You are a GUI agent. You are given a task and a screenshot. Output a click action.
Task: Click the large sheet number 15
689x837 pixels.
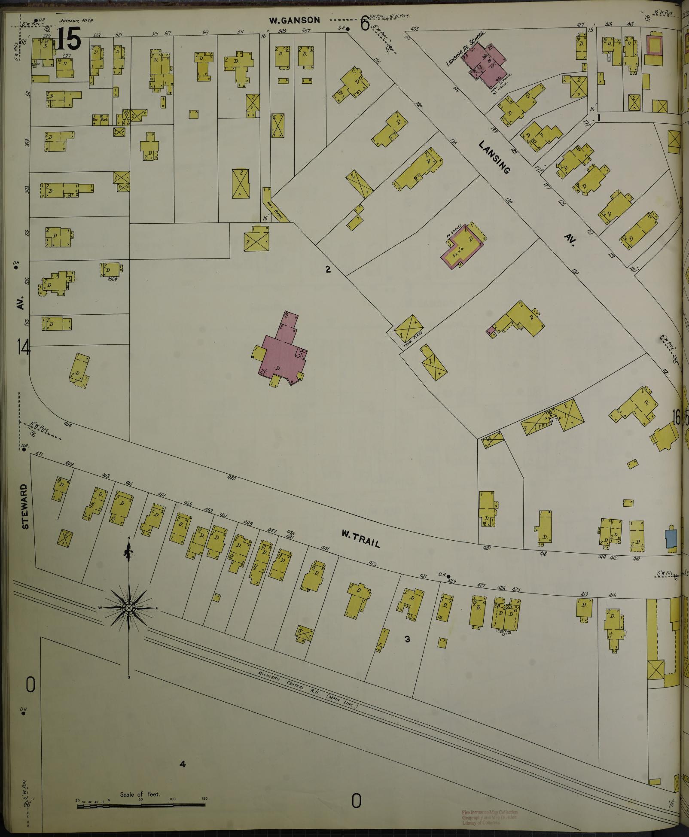pos(68,39)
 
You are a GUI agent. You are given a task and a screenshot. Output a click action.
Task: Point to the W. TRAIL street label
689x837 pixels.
pos(361,538)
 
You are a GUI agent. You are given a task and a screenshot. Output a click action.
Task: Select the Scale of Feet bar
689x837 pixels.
pos(142,806)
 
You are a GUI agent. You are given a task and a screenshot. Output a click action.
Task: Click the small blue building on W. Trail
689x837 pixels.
pos(671,538)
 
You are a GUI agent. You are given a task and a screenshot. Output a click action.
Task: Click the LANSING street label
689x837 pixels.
pos(495,158)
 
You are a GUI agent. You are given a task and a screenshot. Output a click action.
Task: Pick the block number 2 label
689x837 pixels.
pos(328,269)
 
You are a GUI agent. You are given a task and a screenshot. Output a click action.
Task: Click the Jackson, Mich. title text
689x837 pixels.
pos(77,20)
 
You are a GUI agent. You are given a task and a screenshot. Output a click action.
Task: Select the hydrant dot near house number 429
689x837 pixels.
pos(448,576)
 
